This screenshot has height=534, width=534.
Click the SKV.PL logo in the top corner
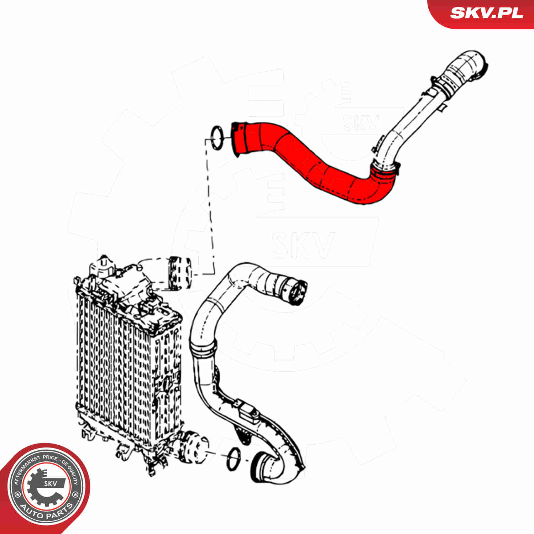pyautogui.click(x=486, y=13)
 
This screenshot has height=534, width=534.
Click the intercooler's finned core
pyautogui.click(x=117, y=370)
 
